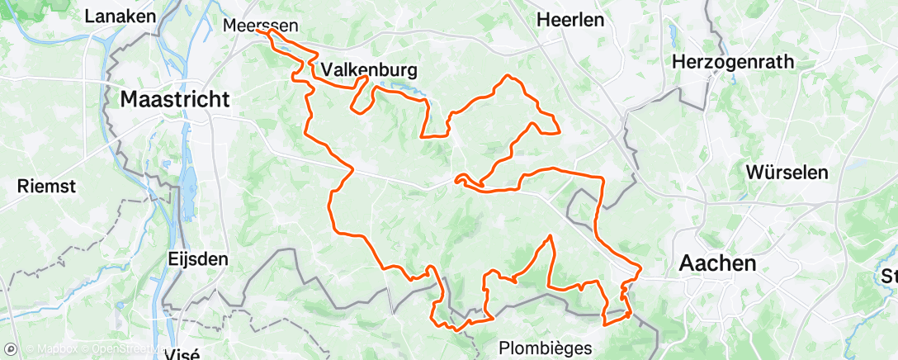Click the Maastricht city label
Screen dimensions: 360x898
pyautogui.click(x=174, y=100)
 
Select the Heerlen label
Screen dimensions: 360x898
pyautogui.click(x=570, y=20)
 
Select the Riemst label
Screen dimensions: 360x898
pyautogui.click(x=46, y=187)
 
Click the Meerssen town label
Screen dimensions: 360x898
pyautogui.click(x=262, y=26)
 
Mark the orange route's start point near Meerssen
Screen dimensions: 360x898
pyautogui.click(x=268, y=33)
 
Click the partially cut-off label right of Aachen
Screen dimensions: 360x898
pyautogui.click(x=888, y=275)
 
